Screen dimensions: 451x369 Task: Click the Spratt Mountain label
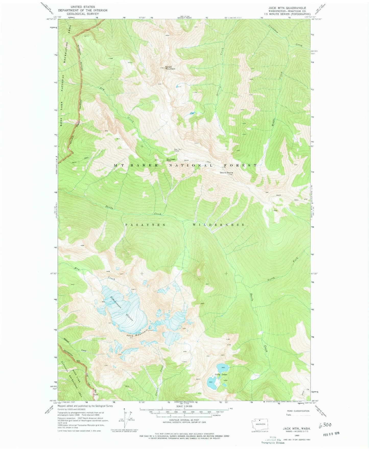(170, 68)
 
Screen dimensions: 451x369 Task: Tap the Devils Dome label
(227, 173)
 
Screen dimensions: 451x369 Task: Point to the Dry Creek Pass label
(171, 160)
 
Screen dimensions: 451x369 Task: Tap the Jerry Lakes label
(221, 375)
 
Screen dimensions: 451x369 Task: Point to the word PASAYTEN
(145, 225)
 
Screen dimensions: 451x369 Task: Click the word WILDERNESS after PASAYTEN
(219, 225)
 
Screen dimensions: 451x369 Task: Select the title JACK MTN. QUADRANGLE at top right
(287, 8)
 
